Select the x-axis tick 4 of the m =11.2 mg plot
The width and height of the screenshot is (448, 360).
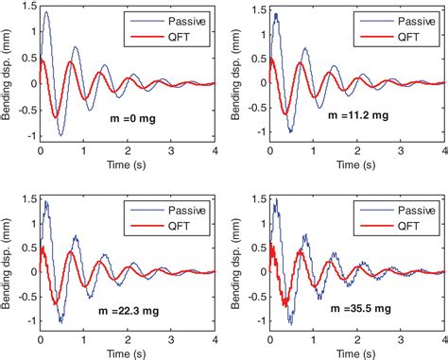pos(442,152)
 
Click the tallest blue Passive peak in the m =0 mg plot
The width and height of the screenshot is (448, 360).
pos(46,12)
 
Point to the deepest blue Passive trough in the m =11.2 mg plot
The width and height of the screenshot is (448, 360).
pos(290,130)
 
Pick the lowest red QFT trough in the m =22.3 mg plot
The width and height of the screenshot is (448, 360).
pos(57,304)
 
